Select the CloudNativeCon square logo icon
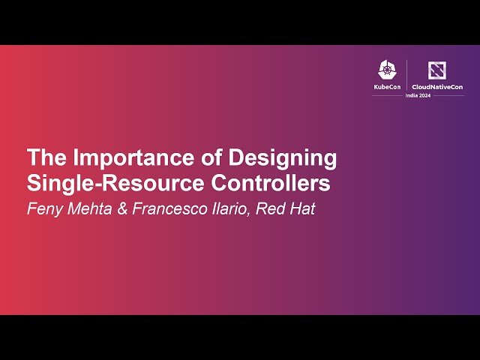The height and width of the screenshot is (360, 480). [x=436, y=70]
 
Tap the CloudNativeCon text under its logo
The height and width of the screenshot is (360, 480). [x=437, y=87]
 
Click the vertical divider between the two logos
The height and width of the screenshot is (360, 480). [x=407, y=75]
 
